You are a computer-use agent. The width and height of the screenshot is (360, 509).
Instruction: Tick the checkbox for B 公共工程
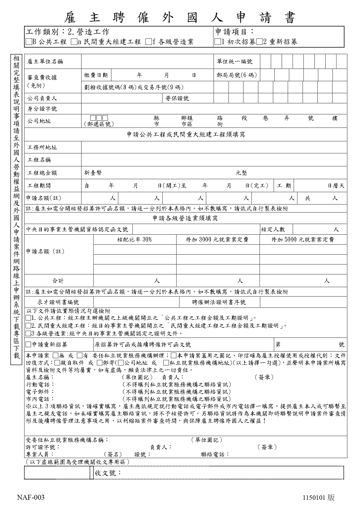coord(28,42)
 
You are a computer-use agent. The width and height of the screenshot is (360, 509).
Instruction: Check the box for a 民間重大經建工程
coord(74,42)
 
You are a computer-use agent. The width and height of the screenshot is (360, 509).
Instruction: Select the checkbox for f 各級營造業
coord(148,42)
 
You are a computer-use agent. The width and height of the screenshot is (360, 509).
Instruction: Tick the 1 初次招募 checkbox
coord(217,42)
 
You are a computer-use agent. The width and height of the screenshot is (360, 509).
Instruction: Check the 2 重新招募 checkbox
coord(259,42)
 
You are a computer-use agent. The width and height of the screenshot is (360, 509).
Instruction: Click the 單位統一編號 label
coord(234,61)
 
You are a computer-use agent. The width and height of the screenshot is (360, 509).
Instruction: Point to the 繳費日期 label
coord(96,75)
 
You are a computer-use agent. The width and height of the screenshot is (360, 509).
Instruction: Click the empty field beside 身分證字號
coord(214,109)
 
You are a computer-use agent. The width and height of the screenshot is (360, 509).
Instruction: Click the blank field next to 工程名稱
coord(214,160)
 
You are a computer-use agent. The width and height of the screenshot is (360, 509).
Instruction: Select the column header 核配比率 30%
coord(135,240)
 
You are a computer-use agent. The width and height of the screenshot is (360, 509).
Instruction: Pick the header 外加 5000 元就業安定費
coord(303,240)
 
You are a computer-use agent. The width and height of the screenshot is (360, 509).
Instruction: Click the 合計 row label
coord(58,281)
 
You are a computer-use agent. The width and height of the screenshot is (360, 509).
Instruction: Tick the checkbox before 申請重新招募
coord(28,345)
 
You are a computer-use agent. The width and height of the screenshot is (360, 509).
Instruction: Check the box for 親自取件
coord(57,363)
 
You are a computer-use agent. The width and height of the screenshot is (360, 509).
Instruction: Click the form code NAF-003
coord(30,498)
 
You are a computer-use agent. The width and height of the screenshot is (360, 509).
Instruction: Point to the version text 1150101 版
coord(319,498)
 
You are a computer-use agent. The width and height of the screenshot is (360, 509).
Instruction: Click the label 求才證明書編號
coord(58,302)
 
